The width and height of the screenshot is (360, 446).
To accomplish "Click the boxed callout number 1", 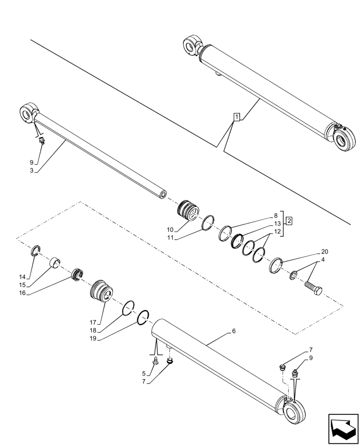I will pos(237,117).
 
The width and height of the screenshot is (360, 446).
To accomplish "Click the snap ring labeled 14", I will pos(37,251).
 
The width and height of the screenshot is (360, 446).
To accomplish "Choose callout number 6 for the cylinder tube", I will pos(233,331).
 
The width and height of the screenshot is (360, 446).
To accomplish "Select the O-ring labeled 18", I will pos(129,307).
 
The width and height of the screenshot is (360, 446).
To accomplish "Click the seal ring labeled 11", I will pos(208,222).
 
